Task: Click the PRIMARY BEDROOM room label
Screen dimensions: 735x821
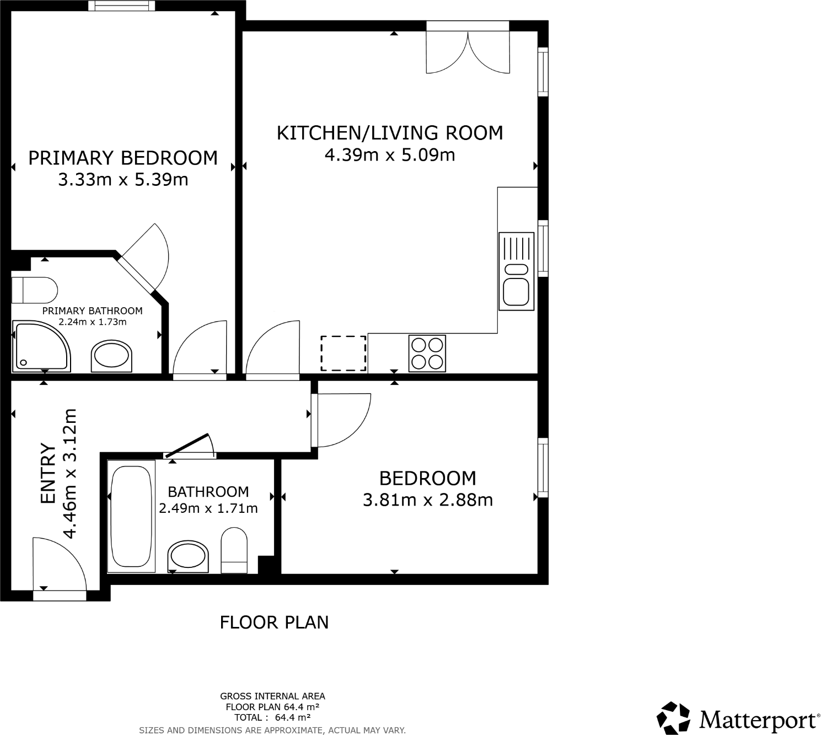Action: [123, 158]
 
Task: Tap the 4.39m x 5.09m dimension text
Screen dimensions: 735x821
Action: [390, 155]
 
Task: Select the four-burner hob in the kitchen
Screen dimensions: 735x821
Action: [427, 353]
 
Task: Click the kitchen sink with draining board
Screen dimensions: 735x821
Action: [517, 271]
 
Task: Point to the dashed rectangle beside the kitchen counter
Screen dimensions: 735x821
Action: [344, 353]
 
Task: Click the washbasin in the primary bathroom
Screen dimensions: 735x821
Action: [111, 356]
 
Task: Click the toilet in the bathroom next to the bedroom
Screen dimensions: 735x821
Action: [234, 550]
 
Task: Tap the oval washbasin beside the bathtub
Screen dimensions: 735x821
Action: [189, 556]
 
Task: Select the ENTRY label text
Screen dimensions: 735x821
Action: [49, 474]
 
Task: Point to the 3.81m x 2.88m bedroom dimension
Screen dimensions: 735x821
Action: [428, 500]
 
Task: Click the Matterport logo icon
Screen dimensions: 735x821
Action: [674, 718]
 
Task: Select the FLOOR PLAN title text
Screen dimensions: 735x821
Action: [274, 623]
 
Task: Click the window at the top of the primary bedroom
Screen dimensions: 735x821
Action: [121, 6]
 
